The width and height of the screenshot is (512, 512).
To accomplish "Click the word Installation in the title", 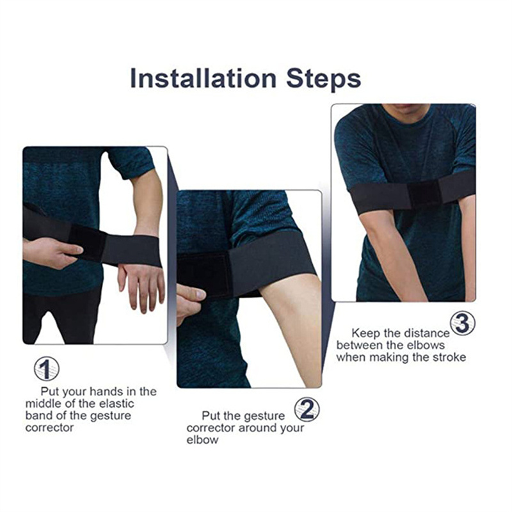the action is pyautogui.click(x=203, y=78).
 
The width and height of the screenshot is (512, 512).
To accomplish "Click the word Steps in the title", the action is pyautogui.click(x=323, y=79).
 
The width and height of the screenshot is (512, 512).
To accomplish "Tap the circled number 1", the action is pyautogui.click(x=47, y=369).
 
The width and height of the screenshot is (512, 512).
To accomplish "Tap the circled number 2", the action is pyautogui.click(x=307, y=410).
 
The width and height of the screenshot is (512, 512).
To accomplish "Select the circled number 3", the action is pyautogui.click(x=463, y=323).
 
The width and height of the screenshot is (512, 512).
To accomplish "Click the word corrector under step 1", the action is pyautogui.click(x=49, y=428).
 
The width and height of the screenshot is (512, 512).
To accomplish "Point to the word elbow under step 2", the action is pyautogui.click(x=202, y=440).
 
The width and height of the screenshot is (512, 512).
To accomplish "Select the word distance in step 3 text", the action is pyautogui.click(x=427, y=333).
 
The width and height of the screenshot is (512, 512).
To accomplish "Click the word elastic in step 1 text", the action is pyautogui.click(x=116, y=404).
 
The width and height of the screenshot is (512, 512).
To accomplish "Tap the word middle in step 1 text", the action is pyautogui.click(x=44, y=404).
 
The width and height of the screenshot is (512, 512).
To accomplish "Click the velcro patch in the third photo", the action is pyautogui.click(x=424, y=193).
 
